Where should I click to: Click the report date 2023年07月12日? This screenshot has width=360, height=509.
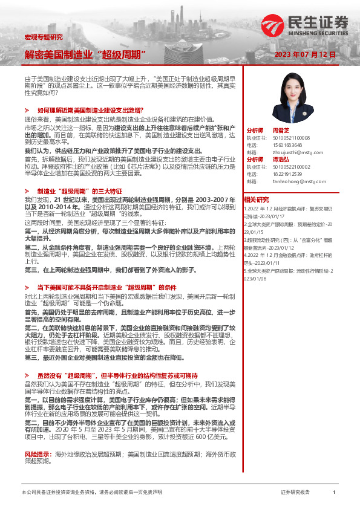coord(304,54)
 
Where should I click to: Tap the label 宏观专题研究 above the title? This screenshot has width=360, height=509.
coord(43,37)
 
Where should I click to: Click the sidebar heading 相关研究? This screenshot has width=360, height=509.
coord(256,199)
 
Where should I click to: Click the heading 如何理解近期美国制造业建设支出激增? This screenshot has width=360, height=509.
coord(90,110)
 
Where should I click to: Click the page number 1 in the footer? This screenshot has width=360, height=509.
coord(334,493)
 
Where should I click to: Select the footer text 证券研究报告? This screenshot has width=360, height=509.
coord(295,493)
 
